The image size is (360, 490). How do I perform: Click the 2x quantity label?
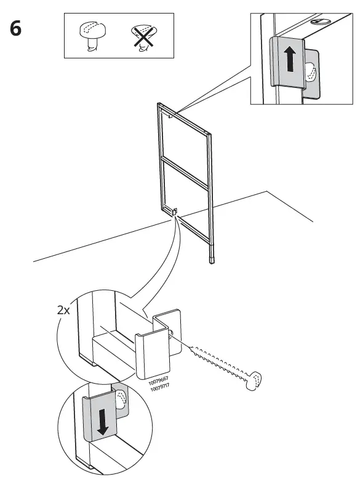pyautogui.click(x=63, y=310)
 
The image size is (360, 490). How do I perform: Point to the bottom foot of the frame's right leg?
pyautogui.click(x=211, y=259)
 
